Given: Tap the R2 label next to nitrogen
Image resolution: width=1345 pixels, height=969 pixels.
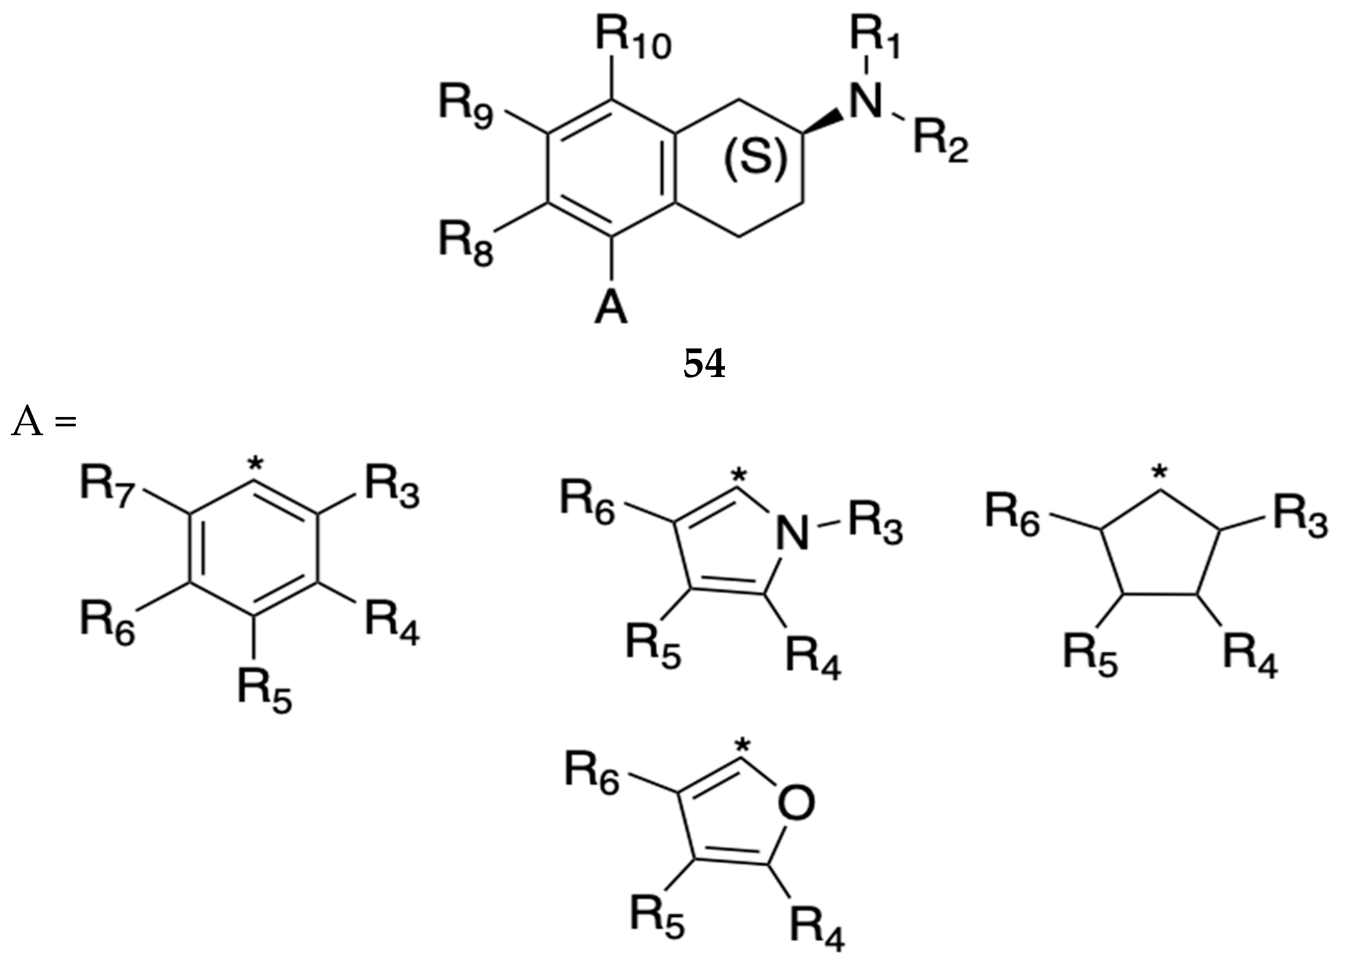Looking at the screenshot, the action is click(940, 142).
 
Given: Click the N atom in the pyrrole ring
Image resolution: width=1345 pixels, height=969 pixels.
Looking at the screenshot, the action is click(793, 532).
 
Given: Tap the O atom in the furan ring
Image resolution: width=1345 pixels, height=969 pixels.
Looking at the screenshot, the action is click(796, 803).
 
